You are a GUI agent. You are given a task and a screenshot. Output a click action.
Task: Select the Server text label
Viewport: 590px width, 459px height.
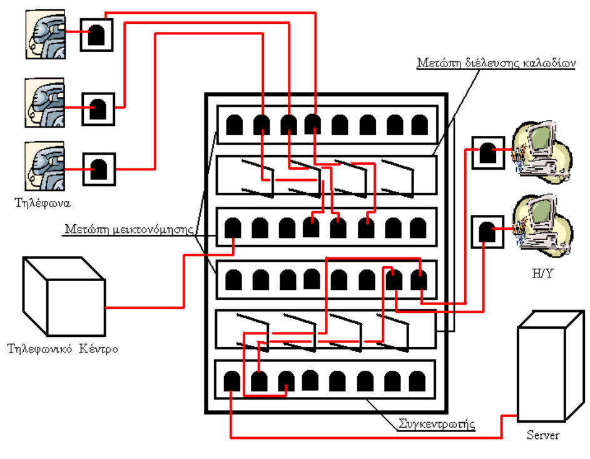tap(542, 435)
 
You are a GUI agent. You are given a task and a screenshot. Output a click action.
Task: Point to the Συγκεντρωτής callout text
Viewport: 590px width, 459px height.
tap(437, 424)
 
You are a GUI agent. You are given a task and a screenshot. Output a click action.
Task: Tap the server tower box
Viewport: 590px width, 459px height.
tap(542, 372)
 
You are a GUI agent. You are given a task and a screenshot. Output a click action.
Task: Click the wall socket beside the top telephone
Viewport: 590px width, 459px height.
tap(97, 35)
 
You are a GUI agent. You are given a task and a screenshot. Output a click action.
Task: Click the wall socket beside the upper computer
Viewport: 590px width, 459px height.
tap(486, 153)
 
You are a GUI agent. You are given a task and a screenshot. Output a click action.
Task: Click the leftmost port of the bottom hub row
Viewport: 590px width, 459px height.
tap(232, 381)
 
